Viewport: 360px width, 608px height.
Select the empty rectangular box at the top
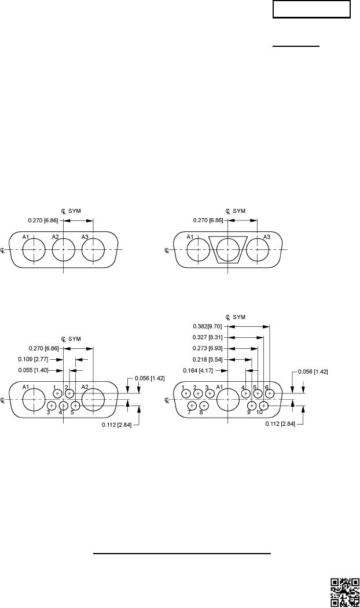(312, 10)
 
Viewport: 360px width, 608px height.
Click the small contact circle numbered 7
(191, 406)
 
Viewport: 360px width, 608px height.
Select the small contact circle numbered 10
(263, 406)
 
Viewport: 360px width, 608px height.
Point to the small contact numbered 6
(269, 394)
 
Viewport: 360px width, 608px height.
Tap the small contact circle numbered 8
(203, 406)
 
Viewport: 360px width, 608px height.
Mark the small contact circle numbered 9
(251, 406)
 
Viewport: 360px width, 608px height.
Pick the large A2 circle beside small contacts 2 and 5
(93, 400)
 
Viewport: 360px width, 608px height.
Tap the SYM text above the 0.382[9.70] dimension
(239, 317)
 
